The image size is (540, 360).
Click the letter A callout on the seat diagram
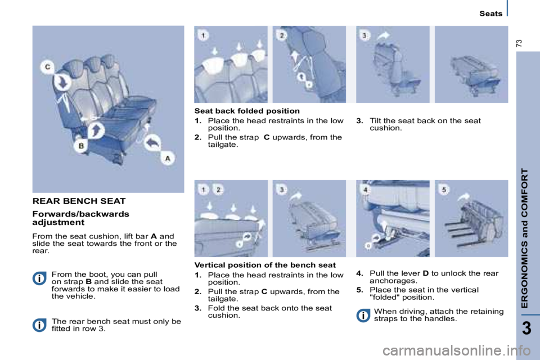tap(167, 158)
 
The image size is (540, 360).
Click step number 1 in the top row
tap(203, 35)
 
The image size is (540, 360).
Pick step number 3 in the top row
tap(366, 35)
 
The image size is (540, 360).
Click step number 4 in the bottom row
tap(366, 189)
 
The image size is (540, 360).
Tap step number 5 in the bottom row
tap(444, 189)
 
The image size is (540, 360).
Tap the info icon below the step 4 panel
tap(363, 316)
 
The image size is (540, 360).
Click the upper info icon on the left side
tap(39, 278)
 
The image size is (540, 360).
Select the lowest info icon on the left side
tap(39, 325)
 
